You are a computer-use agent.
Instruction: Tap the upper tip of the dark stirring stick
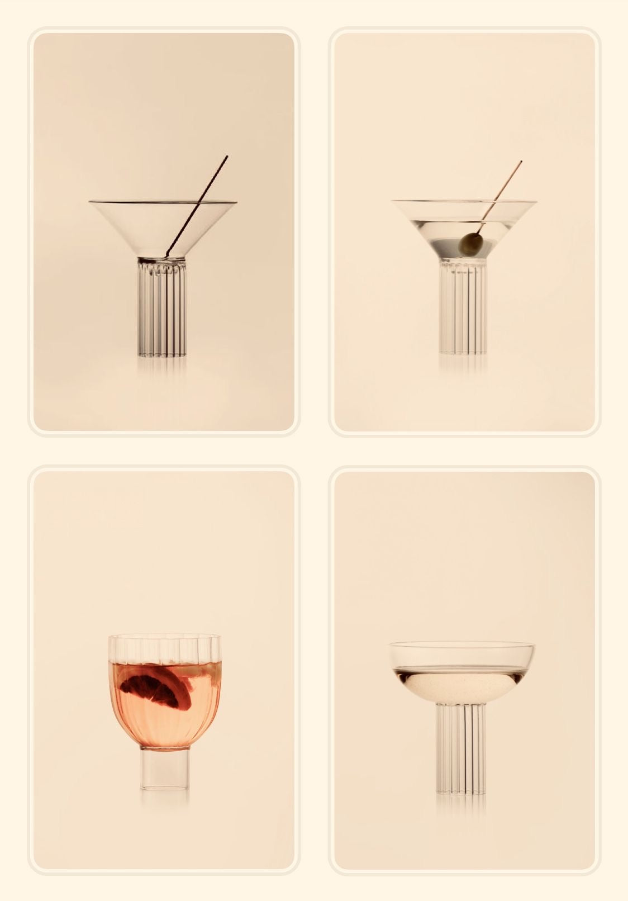click(x=227, y=157)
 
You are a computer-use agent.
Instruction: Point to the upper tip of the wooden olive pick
click(x=521, y=162)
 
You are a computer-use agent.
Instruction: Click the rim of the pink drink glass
click(x=164, y=636)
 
